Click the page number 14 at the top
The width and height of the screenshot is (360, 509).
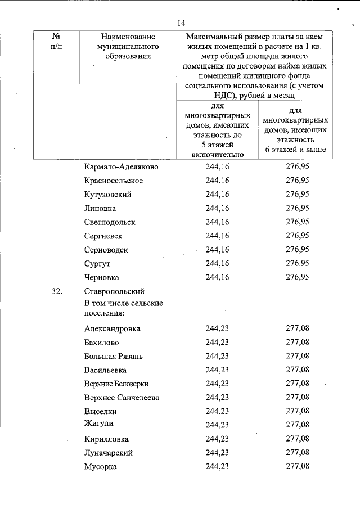tap(180, 22)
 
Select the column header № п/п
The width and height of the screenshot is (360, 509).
tap(56, 40)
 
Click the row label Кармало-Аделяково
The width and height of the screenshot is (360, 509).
tap(121, 167)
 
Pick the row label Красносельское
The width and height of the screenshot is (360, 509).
tap(114, 181)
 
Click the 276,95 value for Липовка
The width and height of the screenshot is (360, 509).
tap(298, 208)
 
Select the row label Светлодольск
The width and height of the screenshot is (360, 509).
tap(110, 222)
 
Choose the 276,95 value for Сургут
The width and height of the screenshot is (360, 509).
tap(298, 263)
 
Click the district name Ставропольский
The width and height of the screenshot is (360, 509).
tap(115, 291)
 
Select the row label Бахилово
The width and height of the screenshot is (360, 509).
tap(102, 342)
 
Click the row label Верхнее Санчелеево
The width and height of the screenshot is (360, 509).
tap(122, 398)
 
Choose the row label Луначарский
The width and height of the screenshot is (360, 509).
tap(109, 452)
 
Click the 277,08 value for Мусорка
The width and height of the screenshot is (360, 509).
tap(298, 466)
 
